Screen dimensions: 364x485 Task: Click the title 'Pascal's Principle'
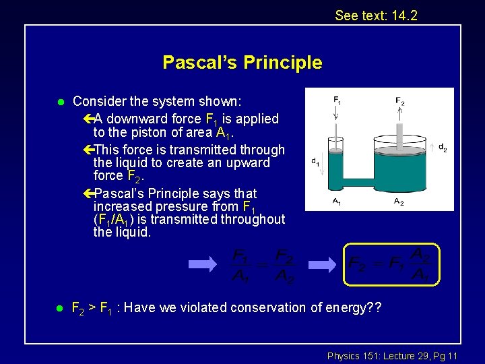pos(242,63)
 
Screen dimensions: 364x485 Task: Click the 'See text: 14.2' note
pos(376,15)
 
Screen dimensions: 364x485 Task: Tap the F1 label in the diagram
pos(337,100)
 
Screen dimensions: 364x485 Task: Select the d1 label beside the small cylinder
pos(315,161)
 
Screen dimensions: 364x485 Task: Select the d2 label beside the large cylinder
pos(442,148)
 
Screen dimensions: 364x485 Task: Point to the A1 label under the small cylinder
pos(336,202)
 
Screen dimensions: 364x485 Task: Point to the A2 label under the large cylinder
pos(399,202)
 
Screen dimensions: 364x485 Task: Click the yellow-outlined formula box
pos(391,263)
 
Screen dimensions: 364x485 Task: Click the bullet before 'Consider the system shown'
pos(59,102)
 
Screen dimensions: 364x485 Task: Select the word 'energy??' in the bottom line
pos(357,307)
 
